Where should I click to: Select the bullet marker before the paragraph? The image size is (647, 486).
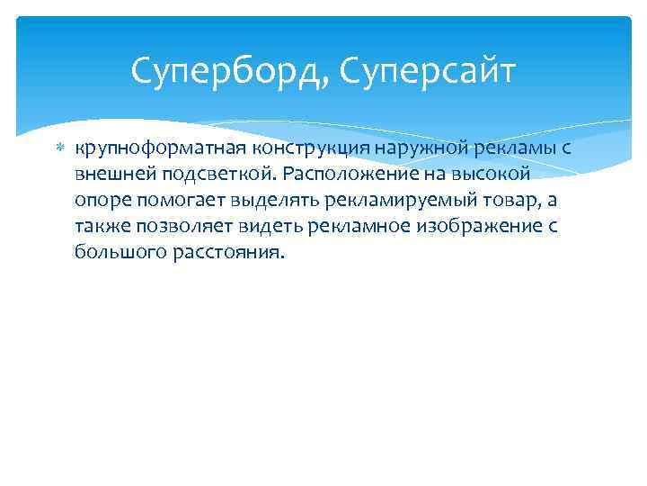(60, 147)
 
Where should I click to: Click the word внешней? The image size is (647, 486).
(111, 174)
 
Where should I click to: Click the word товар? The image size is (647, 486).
(500, 200)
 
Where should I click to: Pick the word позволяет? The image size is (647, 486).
(176, 226)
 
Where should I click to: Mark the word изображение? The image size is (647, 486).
(472, 226)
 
